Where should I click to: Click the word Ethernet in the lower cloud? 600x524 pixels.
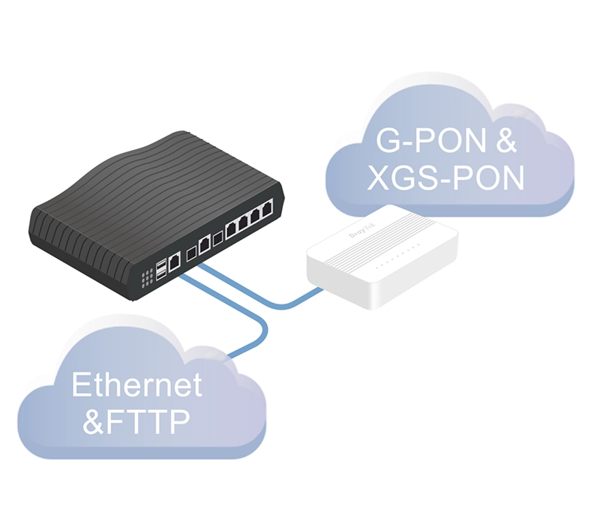(x=137, y=385)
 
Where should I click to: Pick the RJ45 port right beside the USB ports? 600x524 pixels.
(x=175, y=262)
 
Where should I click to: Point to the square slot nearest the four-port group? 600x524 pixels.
(x=217, y=239)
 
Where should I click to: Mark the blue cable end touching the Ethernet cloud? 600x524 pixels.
(x=235, y=352)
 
